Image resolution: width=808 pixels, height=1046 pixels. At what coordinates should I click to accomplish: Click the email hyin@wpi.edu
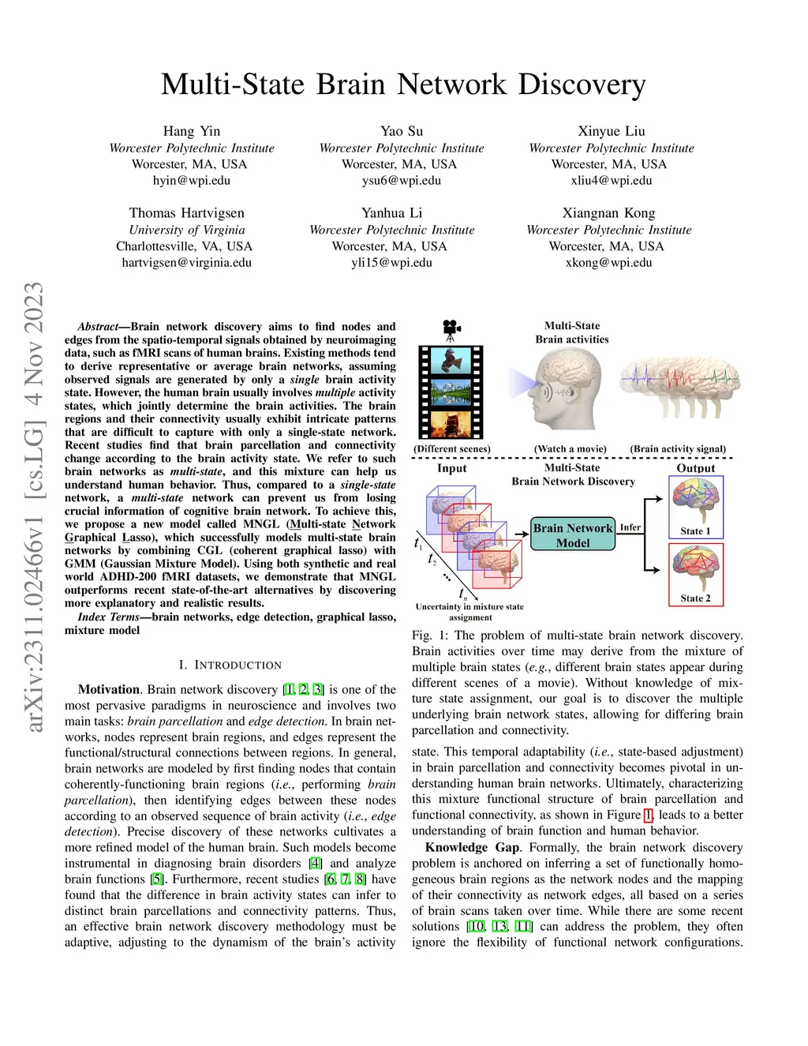click(192, 180)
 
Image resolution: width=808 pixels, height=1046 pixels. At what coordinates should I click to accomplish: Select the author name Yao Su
click(402, 131)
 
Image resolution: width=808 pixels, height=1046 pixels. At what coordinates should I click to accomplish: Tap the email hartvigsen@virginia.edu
click(186, 262)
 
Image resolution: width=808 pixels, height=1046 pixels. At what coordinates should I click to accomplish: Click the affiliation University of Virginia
click(187, 230)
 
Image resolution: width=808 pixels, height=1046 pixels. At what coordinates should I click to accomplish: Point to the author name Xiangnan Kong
click(608, 213)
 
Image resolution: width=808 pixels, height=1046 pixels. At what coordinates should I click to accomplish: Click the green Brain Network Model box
click(572, 534)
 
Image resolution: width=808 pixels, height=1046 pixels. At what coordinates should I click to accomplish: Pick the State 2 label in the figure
click(695, 598)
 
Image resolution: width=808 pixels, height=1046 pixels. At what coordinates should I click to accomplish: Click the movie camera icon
click(451, 326)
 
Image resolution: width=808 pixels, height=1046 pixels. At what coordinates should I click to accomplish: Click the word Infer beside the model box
click(630, 527)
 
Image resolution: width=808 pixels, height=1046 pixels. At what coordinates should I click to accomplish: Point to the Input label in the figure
click(452, 468)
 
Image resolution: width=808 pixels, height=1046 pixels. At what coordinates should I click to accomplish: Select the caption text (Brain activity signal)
click(678, 448)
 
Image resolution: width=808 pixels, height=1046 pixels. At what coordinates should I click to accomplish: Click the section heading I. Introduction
click(230, 665)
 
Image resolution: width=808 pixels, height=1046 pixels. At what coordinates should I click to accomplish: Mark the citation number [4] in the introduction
click(316, 863)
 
